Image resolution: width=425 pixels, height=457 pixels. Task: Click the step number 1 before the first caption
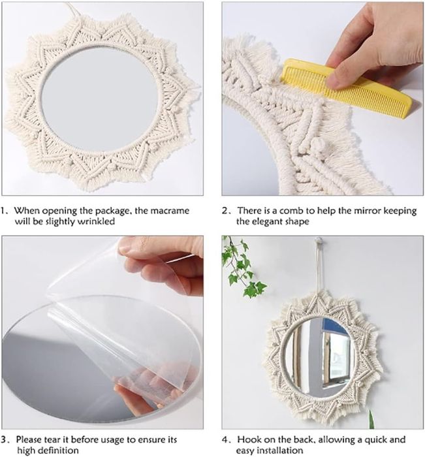(x=5, y=211)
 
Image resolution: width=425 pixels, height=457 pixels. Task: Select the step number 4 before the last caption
(x=226, y=439)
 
